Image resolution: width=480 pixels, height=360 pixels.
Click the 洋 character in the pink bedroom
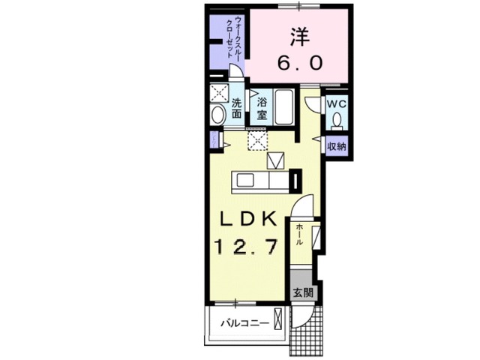pos(298,35)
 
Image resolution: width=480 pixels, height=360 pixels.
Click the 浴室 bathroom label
pos(262,108)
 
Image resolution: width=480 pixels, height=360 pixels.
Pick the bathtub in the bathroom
pos(284,108)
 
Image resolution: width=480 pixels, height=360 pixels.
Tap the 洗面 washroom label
pos(236,109)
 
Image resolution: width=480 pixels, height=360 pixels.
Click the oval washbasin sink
pos(218,115)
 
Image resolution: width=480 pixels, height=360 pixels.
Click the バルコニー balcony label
pos(244,323)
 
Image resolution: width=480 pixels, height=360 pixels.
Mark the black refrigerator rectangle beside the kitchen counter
pos(296,181)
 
